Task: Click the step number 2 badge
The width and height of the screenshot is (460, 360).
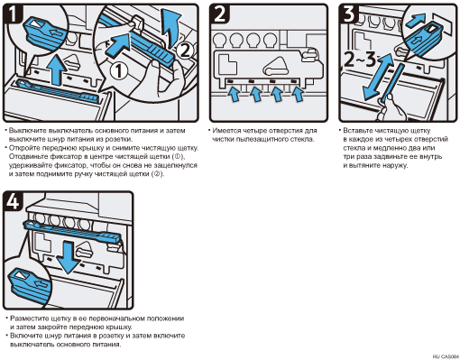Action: click(220, 14)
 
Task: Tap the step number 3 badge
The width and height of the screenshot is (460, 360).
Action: click(350, 14)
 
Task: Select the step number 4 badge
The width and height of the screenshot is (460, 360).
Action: click(14, 201)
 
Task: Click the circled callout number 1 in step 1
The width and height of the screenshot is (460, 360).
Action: click(118, 71)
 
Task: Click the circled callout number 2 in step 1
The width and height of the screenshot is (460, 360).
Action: click(184, 51)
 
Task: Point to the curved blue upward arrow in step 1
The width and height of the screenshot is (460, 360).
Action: click(170, 28)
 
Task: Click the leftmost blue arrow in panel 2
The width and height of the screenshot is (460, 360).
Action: click(234, 94)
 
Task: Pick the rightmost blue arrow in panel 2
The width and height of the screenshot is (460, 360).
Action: click(299, 94)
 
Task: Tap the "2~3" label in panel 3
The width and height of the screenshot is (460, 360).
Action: click(359, 60)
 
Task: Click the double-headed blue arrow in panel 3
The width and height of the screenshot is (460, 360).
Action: click(378, 77)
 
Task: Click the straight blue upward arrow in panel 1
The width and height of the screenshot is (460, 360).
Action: click(58, 69)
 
